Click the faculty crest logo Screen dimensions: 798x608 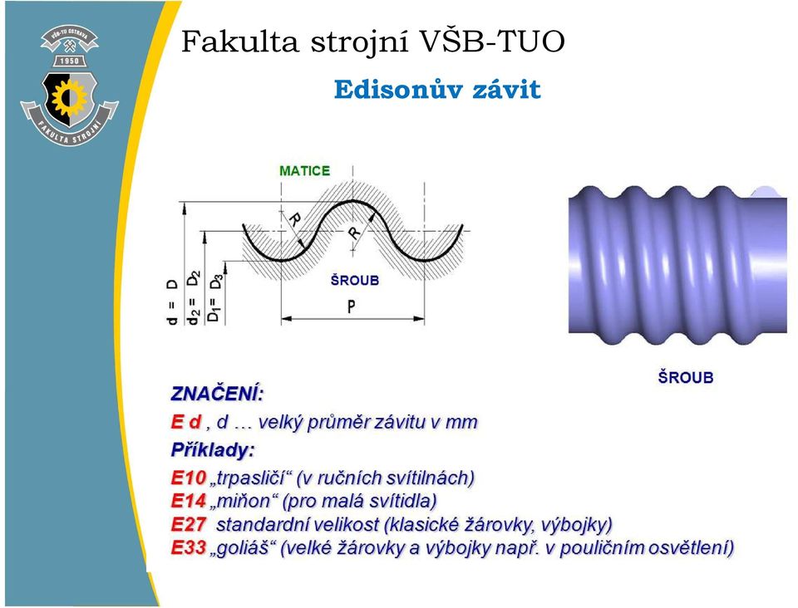(69, 85)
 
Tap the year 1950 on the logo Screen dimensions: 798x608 (70, 61)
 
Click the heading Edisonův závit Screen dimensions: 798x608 (437, 90)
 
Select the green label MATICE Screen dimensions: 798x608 (305, 171)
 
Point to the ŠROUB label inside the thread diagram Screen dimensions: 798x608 (355, 280)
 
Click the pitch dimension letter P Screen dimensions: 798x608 (351, 306)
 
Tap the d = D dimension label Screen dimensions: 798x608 (173, 302)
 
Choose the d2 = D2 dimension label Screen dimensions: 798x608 (194, 298)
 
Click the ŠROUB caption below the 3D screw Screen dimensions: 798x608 (686, 378)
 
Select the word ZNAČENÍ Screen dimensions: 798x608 (217, 394)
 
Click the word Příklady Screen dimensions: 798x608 (212, 450)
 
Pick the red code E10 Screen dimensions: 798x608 (189, 478)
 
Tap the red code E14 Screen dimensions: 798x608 (189, 501)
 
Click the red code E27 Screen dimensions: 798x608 (189, 524)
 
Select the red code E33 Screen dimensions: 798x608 (189, 547)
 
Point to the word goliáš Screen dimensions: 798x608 (244, 548)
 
